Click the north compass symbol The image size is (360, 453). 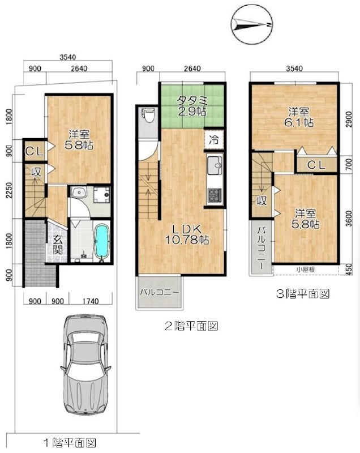pos(252,24)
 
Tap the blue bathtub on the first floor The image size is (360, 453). pos(102,241)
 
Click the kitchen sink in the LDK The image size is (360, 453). pos(215,165)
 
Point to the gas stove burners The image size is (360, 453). pos(215,195)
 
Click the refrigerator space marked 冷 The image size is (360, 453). pos(214,140)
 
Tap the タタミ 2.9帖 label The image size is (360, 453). pos(192,105)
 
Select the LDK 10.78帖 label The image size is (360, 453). pos(187,234)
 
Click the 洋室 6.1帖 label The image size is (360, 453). pos(299,117)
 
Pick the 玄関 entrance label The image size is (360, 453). pos(58,246)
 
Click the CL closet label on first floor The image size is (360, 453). pos(35,151)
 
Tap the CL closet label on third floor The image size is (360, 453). pos(316,165)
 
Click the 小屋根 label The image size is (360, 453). pos(306,270)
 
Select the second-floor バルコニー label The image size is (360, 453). pos(160,292)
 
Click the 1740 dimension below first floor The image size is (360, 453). pos(91,301)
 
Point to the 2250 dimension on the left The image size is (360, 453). pos(8,191)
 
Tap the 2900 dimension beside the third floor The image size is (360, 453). pos(349,119)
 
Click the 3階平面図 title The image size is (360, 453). pos(303,294)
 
